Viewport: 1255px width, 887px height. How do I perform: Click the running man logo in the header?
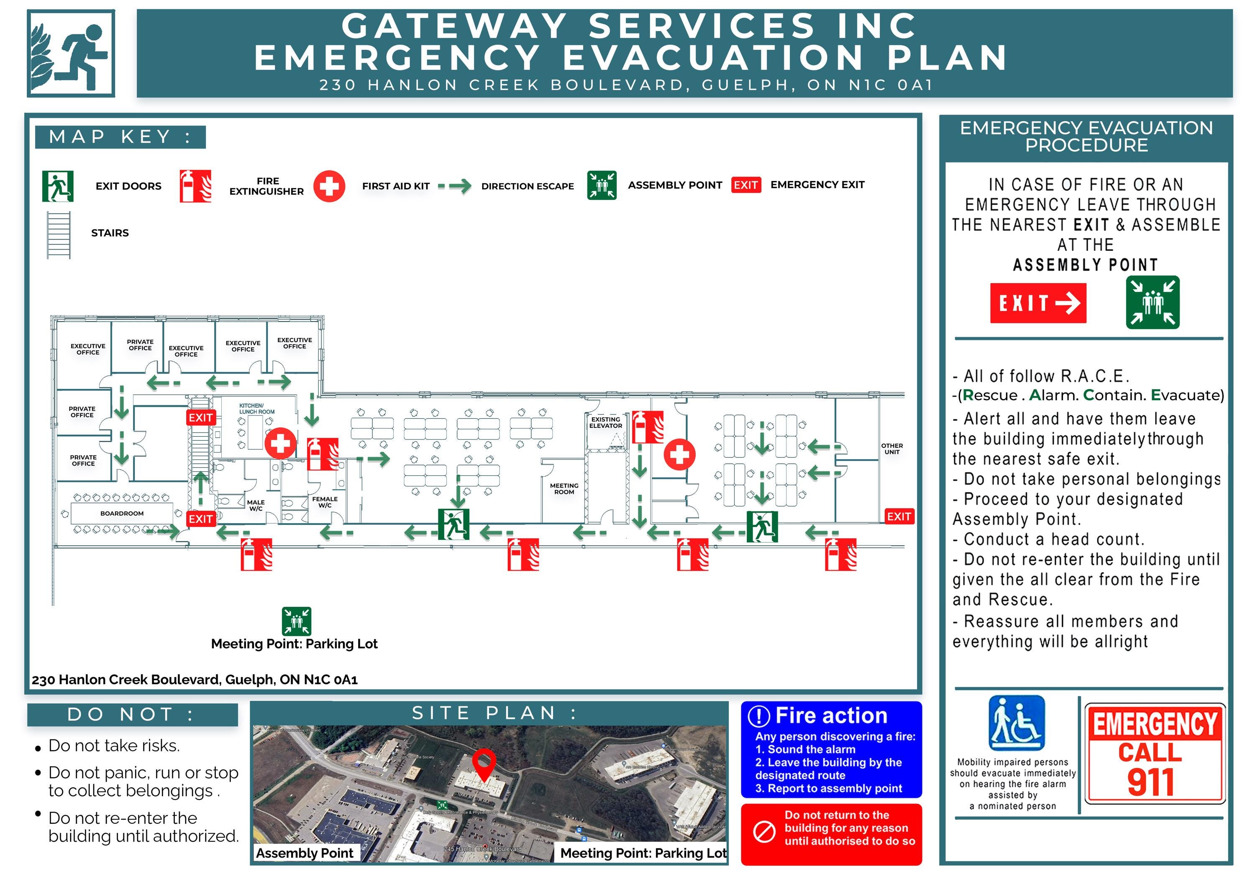tap(71, 53)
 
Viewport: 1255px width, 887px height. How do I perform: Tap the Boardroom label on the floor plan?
tap(122, 513)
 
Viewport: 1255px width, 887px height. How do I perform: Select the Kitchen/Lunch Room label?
tap(256, 409)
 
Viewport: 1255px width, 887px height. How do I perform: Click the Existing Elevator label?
tap(606, 422)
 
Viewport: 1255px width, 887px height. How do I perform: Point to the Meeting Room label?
tap(564, 488)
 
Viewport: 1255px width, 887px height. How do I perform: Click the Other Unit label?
tap(891, 449)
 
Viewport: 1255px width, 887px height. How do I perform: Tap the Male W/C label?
tap(255, 505)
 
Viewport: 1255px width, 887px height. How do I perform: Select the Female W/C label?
tap(325, 502)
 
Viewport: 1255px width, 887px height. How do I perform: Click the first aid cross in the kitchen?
tap(280, 443)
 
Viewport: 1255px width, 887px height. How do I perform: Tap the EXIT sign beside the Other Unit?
tap(899, 516)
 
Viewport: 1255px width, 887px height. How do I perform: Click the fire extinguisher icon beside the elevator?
tap(648, 427)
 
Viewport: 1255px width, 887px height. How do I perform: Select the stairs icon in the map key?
tap(59, 235)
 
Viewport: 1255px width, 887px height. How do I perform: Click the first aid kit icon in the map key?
tap(329, 187)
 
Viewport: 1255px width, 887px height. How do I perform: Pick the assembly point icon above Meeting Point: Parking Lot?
tap(296, 621)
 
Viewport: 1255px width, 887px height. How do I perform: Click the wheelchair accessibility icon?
tap(1016, 723)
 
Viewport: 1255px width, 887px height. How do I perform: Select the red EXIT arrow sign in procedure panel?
tap(1037, 303)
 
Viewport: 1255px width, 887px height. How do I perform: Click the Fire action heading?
tap(831, 716)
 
